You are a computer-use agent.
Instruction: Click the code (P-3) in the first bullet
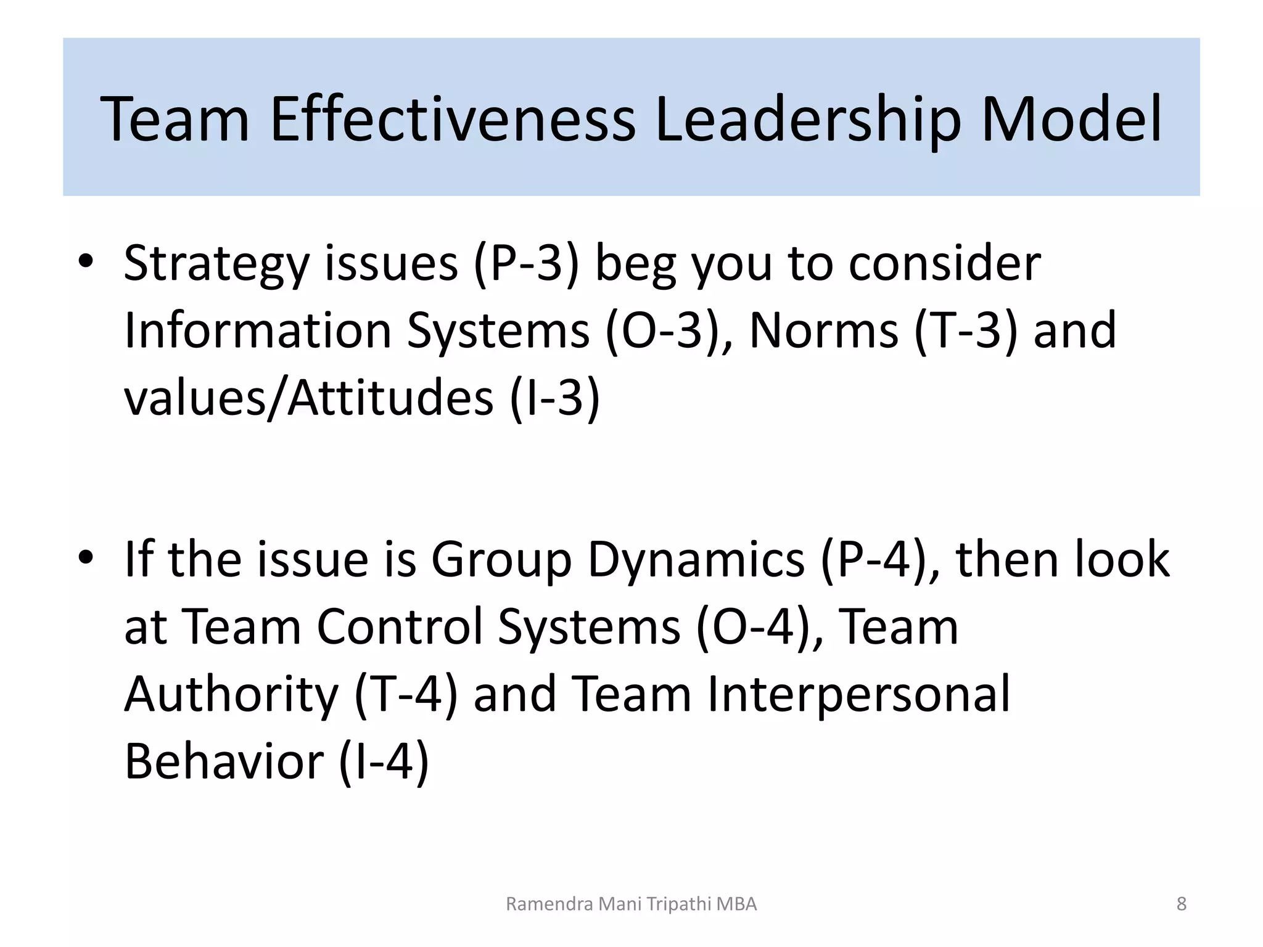526,264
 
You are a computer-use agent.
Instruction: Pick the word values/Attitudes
308,398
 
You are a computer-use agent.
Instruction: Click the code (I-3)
554,398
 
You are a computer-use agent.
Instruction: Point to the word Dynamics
696,560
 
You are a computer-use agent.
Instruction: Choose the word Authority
231,694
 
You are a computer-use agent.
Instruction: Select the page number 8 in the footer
1181,904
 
